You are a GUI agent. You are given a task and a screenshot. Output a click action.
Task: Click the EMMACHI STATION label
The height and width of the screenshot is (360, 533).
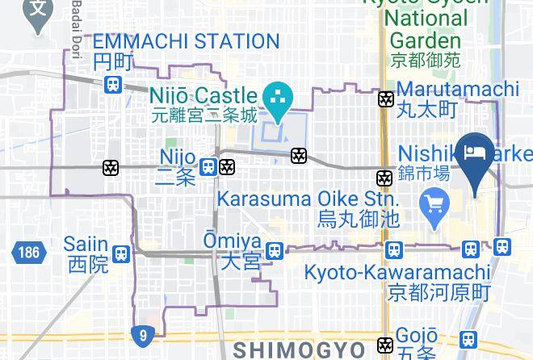tap(186, 42)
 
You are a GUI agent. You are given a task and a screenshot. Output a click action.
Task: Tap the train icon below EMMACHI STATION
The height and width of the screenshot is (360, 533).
tap(112, 83)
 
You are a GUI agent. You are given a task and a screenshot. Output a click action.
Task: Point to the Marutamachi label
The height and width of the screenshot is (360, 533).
tap(457, 88)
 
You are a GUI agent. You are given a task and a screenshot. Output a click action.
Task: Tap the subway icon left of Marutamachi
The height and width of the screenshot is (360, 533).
tap(386, 99)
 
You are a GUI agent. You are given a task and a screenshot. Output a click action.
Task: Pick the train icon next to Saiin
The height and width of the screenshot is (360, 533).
tap(121, 253)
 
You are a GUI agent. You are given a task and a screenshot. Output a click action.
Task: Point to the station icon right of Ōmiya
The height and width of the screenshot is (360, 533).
tap(275, 251)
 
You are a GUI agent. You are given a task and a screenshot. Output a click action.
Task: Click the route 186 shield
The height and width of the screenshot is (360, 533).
tap(27, 253)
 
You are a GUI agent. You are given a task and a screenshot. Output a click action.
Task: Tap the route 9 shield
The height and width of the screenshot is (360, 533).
tap(142, 333)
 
